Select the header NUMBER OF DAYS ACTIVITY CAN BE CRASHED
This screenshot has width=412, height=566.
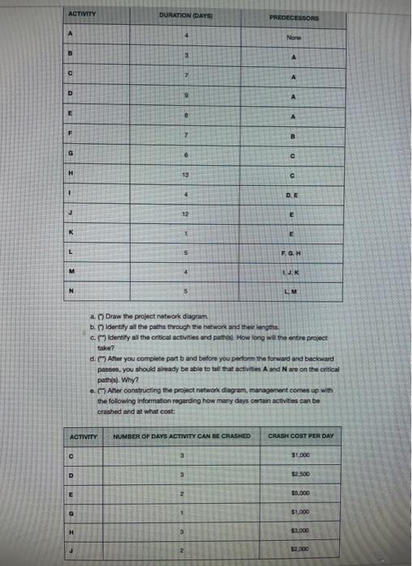(185, 437)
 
